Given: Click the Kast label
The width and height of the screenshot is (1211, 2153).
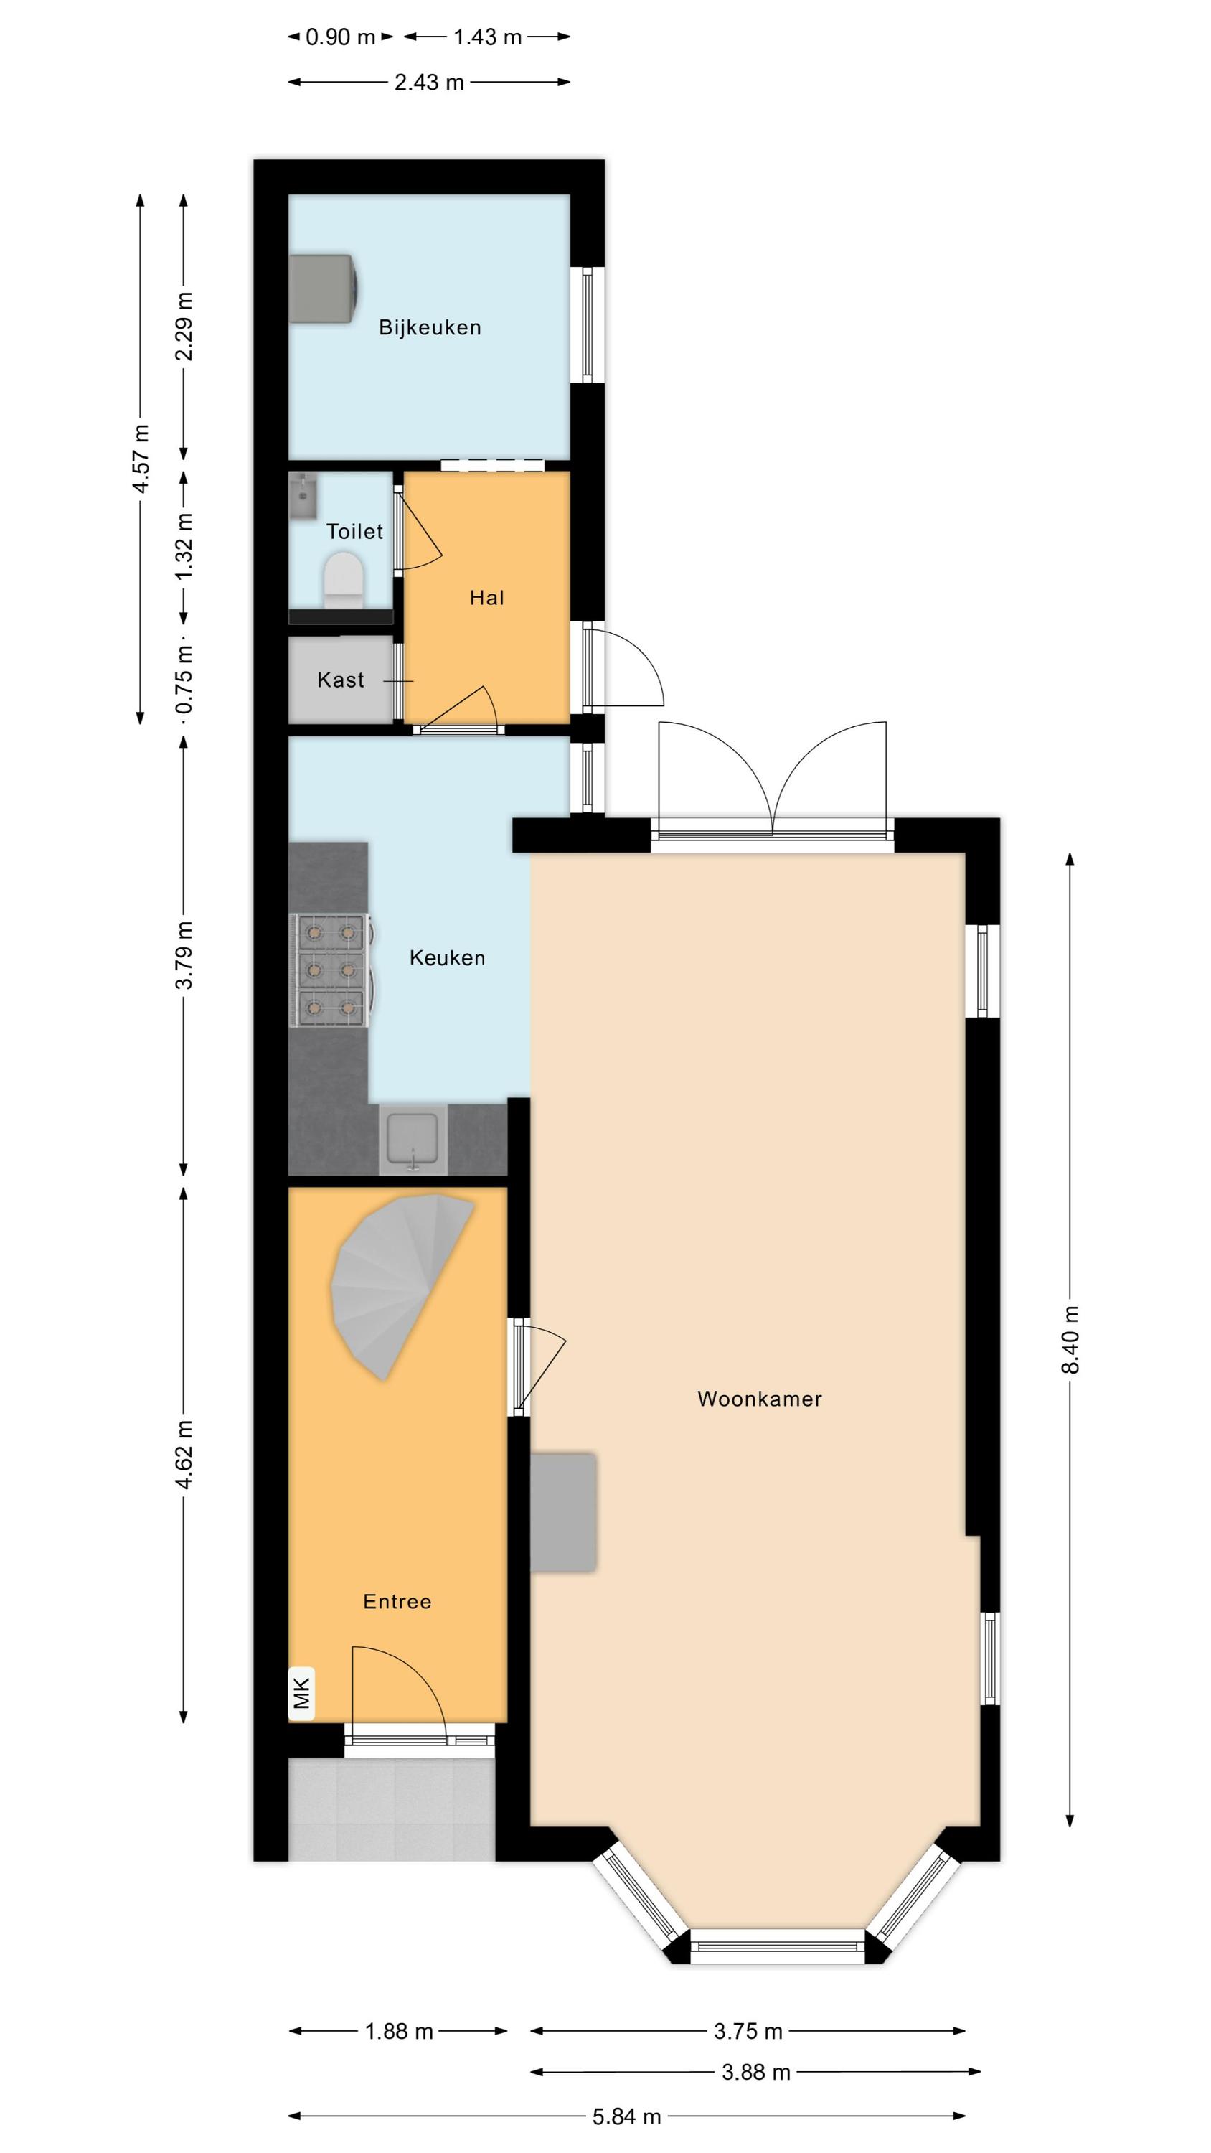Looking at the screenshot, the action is coord(340,680).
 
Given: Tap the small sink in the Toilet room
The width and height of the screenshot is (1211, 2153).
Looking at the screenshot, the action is coord(303,496).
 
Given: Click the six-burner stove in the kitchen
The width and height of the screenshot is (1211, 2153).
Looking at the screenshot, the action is coord(331,970).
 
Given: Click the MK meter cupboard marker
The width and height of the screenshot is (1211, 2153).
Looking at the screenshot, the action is coord(302,1693).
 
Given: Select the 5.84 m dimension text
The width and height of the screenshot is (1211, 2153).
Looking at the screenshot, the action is coord(627,2116).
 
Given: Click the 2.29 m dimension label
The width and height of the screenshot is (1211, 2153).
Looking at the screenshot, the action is coord(184,326).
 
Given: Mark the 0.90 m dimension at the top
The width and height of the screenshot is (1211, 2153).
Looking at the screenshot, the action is coord(340,37).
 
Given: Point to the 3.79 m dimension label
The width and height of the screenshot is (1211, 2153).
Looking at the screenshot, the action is coord(184,955).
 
